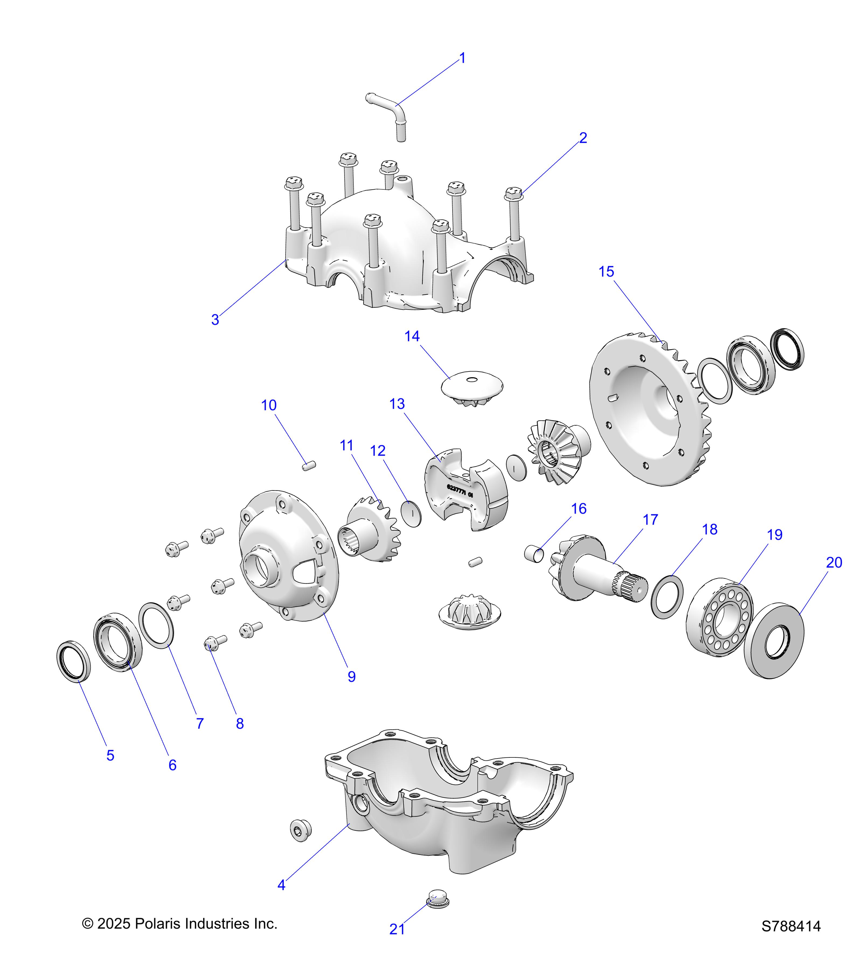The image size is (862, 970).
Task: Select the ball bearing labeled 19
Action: coord(720,617)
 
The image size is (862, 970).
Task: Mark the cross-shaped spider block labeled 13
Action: coord(466,489)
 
